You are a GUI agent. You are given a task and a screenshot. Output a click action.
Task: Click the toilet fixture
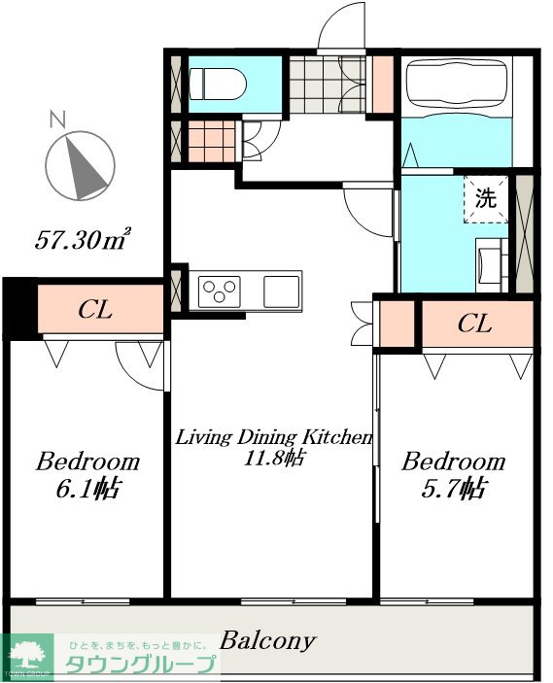[218, 84]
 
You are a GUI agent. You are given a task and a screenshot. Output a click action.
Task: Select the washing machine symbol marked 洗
[486, 199]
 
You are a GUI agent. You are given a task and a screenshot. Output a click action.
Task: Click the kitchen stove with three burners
[220, 291]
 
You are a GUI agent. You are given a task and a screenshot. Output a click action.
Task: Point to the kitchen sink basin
[282, 290]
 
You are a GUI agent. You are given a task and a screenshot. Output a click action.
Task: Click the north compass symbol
[81, 167]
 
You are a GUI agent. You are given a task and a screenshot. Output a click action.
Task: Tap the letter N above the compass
[57, 120]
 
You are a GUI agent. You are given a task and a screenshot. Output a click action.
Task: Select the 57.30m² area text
[83, 239]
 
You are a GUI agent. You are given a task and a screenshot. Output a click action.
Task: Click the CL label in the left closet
[95, 310]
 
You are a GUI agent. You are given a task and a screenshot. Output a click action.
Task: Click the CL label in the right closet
[474, 324]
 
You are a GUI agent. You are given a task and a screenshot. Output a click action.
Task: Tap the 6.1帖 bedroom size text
[87, 489]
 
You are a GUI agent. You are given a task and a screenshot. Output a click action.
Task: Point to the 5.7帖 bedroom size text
[453, 489]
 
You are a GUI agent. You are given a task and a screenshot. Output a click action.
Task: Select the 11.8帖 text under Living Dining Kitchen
[274, 458]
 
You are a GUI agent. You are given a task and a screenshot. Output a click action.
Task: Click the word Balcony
[267, 641]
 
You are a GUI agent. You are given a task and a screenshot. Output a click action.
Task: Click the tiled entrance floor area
[328, 85]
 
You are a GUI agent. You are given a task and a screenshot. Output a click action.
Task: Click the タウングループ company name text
[140, 665]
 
